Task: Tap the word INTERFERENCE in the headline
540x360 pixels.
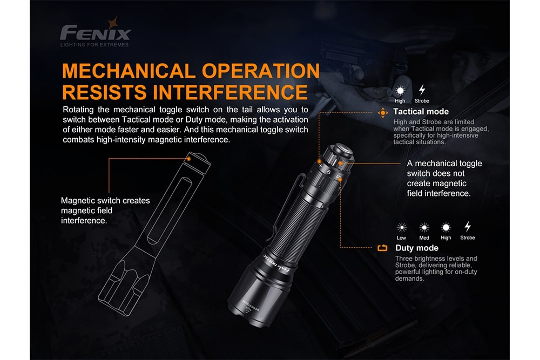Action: point(230,92)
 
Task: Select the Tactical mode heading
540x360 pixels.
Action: point(421,112)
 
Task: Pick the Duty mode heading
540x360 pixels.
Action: point(417,248)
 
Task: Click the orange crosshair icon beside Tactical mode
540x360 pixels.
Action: point(383,113)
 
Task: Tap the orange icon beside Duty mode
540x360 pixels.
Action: point(382,248)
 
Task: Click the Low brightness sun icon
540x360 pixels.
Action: point(402,227)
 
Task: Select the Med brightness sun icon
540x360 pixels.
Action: point(424,227)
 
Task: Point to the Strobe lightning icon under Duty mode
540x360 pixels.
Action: point(467,227)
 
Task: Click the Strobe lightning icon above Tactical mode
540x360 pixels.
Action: point(422,90)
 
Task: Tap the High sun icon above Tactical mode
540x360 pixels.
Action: point(400,91)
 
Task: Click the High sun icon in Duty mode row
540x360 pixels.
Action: point(446,227)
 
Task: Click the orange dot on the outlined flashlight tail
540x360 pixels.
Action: point(188,159)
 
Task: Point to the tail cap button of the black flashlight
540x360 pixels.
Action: point(343,151)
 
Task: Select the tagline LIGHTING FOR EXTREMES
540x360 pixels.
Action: point(94,45)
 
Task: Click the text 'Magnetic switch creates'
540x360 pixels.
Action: point(105,200)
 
